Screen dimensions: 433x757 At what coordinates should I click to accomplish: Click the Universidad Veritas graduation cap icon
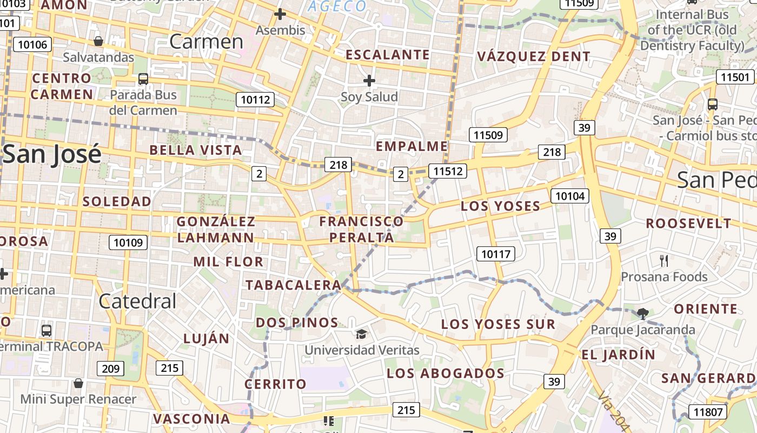pos(361,333)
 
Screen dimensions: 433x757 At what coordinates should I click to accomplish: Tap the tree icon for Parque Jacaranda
pos(643,313)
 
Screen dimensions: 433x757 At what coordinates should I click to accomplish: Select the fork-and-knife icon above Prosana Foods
pos(664,260)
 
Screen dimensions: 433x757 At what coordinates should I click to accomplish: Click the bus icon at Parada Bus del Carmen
pos(143,78)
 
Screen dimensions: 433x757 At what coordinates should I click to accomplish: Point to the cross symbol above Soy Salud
pos(369,81)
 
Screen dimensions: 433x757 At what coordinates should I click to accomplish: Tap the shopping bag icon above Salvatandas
pos(98,41)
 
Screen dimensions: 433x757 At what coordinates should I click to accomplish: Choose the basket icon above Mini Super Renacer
pos(78,383)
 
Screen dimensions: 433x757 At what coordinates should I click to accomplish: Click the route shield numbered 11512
pos(447,172)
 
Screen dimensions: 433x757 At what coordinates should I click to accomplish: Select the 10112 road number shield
pos(255,99)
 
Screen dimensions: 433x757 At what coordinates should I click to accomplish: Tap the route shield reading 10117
pos(496,253)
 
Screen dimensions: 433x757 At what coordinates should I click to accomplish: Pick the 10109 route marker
pos(128,242)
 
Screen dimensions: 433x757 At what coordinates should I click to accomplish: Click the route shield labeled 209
pos(111,369)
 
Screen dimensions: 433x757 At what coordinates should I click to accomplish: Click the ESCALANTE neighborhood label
pos(388,55)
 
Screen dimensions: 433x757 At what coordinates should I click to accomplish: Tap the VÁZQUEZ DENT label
pos(534,56)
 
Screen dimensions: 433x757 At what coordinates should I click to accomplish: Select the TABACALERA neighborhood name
pos(293,285)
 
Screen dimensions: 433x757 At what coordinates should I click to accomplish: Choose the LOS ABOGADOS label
pos(446,373)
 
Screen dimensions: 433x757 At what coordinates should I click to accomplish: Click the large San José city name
pos(52,154)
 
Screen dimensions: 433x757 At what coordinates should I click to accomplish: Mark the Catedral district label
pos(137,301)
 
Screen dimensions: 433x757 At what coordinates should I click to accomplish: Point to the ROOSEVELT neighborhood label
pos(688,223)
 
